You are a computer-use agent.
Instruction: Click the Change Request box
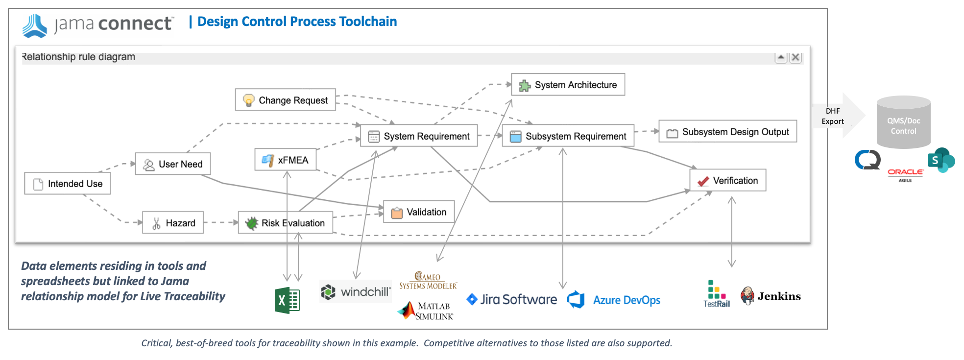coord(286,100)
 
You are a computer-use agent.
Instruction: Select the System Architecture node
coord(568,85)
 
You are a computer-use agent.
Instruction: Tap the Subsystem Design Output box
coord(728,132)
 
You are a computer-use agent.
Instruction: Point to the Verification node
coord(728,180)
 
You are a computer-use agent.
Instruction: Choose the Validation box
coord(419,212)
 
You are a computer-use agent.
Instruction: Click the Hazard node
coord(173,223)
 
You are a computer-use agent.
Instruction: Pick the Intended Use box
coord(68,184)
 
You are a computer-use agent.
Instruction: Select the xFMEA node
coord(286,160)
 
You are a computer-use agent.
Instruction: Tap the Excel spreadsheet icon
coord(287,300)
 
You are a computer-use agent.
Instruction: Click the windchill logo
coord(356,292)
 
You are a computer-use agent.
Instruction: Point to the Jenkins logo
coord(771,296)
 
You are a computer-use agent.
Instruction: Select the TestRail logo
coord(716,294)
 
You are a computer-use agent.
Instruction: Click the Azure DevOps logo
coord(614,300)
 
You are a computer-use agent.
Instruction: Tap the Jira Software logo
coord(512,299)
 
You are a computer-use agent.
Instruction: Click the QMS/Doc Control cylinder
coord(903,123)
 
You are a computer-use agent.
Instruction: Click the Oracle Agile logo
coord(905,174)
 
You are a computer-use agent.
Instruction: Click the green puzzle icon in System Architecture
coord(525,86)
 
